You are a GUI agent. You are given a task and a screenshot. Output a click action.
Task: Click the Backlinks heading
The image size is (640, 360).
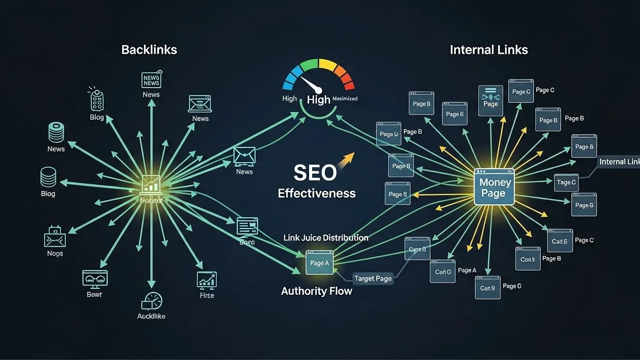coord(149,50)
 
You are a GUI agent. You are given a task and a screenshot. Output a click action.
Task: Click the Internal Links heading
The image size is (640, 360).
coord(489,50)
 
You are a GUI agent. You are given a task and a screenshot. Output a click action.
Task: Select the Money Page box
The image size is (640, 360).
coord(494,187)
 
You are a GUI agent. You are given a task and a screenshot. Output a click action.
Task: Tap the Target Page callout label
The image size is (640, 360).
coord(373,278)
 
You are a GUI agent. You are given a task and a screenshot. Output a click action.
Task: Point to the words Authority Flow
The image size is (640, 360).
coord(316,291)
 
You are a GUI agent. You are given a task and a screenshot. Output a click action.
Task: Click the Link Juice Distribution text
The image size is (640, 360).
coord(326,238)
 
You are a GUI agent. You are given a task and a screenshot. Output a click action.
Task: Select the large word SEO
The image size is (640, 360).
coord(315,173)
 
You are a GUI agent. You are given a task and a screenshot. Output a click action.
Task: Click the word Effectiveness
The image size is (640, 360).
coord(316,193)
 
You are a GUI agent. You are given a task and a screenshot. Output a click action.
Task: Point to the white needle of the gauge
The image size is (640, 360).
coord(311,84)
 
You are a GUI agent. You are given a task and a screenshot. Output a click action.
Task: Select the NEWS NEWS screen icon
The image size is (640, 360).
coord(151,80)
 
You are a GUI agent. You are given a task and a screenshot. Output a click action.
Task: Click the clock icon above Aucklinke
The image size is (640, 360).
coord(151,300)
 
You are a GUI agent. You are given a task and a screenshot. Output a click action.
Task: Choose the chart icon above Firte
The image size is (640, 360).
coord(206,280)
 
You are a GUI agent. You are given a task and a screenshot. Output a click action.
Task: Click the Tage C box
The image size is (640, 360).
coord(566,182)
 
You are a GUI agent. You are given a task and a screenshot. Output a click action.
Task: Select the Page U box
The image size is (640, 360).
coord(389,134)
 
